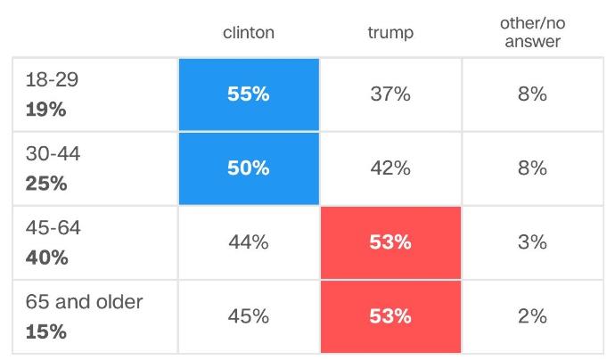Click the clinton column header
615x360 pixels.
point(249,33)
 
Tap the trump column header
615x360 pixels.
point(390,33)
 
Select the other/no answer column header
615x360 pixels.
point(533,32)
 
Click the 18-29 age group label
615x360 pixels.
point(53,79)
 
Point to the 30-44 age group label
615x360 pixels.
point(53,153)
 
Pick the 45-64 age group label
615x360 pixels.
point(53,227)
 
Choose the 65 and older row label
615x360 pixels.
point(85,301)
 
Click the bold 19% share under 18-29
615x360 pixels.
point(45,110)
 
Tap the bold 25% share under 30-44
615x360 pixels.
point(46,184)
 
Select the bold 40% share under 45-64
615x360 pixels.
point(46,258)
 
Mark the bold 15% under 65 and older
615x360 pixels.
point(45,331)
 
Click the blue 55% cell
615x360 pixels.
point(249,94)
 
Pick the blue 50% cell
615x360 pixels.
point(249,168)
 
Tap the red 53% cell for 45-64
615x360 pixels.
point(390,242)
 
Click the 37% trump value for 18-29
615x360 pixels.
point(390,94)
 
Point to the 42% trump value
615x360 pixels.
point(390,168)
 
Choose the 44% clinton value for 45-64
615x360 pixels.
point(249,242)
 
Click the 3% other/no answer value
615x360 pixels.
point(532,242)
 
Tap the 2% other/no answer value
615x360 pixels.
point(532,316)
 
